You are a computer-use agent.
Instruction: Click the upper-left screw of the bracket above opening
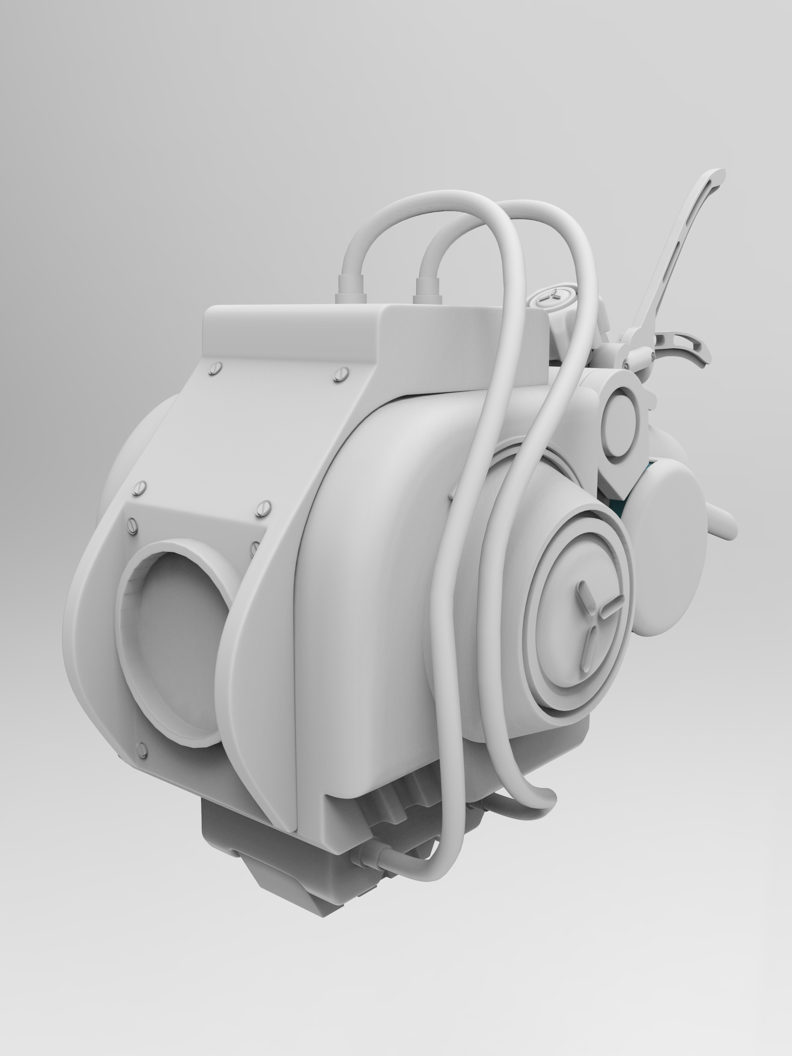pos(140,487)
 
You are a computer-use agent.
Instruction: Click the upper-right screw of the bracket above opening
pos(263,508)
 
